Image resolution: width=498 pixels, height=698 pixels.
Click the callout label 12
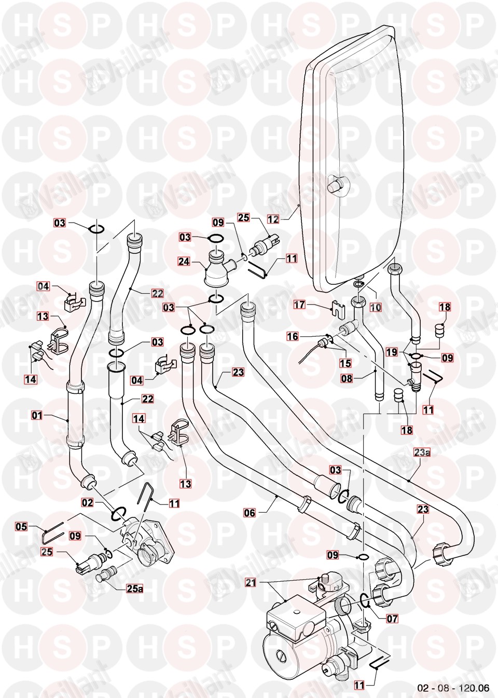click(273, 219)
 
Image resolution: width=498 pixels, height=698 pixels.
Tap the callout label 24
click(184, 262)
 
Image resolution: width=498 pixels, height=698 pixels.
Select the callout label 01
click(36, 415)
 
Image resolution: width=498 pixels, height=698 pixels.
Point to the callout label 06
click(250, 513)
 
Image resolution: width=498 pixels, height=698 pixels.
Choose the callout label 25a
click(134, 588)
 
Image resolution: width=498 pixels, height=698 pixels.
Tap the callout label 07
click(392, 619)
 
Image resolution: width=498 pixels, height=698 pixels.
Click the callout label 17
click(299, 305)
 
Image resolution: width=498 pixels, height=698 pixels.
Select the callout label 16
click(293, 336)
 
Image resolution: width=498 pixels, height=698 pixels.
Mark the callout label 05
click(21, 527)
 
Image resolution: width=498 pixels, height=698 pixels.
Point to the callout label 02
click(87, 502)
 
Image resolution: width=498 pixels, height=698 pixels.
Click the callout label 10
click(376, 308)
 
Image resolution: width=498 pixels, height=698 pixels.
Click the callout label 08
click(347, 378)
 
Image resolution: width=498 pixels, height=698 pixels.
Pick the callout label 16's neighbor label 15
click(345, 363)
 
